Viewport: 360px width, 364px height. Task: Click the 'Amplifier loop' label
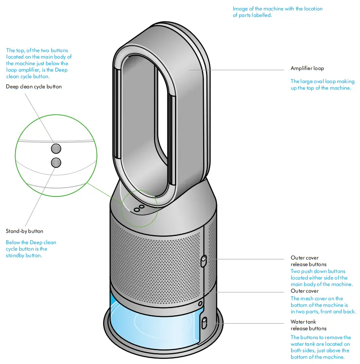[x=307, y=68]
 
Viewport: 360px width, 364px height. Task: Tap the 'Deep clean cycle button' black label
[x=34, y=87]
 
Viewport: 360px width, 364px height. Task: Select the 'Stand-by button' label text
[x=24, y=231]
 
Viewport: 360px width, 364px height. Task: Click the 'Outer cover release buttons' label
[x=308, y=261]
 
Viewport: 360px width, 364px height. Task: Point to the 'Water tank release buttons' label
[x=308, y=325]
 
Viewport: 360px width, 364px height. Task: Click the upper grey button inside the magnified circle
[x=56, y=148]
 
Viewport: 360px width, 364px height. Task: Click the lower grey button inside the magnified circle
[x=56, y=162]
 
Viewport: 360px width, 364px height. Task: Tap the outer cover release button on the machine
[x=204, y=262]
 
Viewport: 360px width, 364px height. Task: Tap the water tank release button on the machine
[x=204, y=323]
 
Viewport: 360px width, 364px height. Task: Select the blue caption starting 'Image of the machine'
[x=277, y=12]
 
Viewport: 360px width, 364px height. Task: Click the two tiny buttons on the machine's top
[x=139, y=207]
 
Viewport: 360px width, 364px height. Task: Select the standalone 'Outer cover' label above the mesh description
[x=305, y=291]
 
